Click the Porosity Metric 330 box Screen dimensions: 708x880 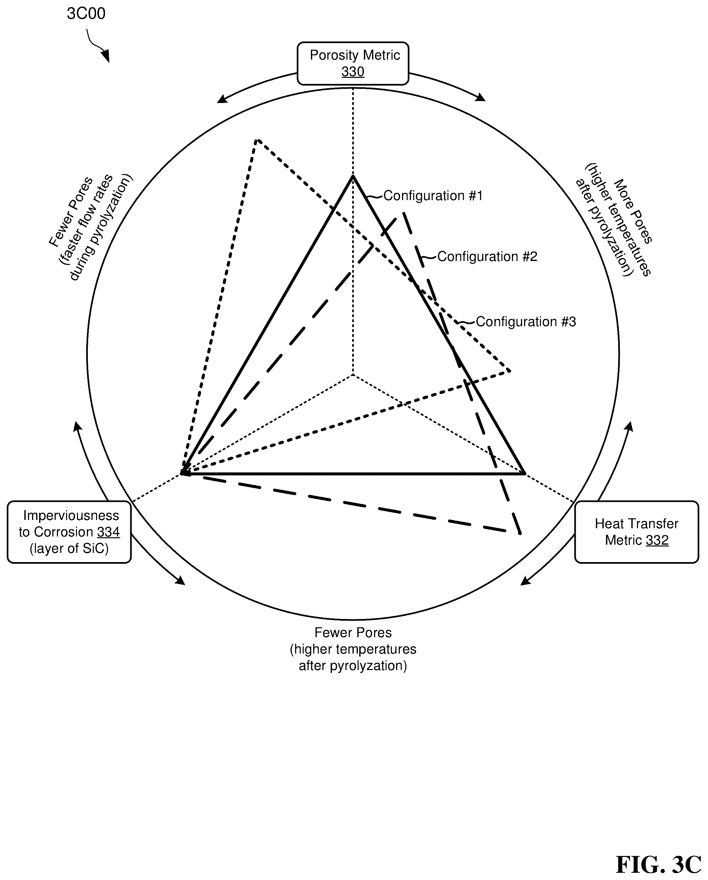pos(353,63)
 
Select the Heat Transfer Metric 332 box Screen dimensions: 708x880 pos(637,532)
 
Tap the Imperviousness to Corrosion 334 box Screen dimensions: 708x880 pos(69,532)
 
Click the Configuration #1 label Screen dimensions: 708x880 pos(433,196)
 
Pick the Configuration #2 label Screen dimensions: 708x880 pos(487,257)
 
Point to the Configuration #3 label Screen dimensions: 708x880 pos(526,322)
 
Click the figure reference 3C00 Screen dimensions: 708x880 pos(86,13)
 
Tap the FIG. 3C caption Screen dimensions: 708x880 pos(659,864)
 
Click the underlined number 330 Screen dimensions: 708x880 pos(353,72)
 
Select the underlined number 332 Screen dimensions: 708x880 pos(657,540)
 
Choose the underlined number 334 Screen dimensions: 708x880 pos(109,532)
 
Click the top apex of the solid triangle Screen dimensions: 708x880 pos(353,176)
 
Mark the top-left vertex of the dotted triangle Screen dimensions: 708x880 pos(257,140)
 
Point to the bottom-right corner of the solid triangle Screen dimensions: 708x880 pos(525,474)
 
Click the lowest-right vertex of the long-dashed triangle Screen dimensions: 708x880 pos(521,534)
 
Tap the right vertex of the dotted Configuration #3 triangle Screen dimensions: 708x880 pos(510,371)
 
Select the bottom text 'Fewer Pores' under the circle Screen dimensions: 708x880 pos(353,633)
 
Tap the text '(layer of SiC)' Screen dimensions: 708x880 pos(69,549)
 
